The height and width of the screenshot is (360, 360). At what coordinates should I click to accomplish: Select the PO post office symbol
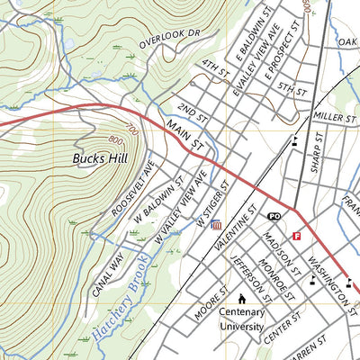tap(274, 217)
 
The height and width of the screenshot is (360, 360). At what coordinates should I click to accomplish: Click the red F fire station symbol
tap(296, 236)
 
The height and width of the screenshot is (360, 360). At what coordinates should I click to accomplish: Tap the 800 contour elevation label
tap(114, 139)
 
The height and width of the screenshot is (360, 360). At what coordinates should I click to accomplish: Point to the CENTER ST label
tap(286, 321)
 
